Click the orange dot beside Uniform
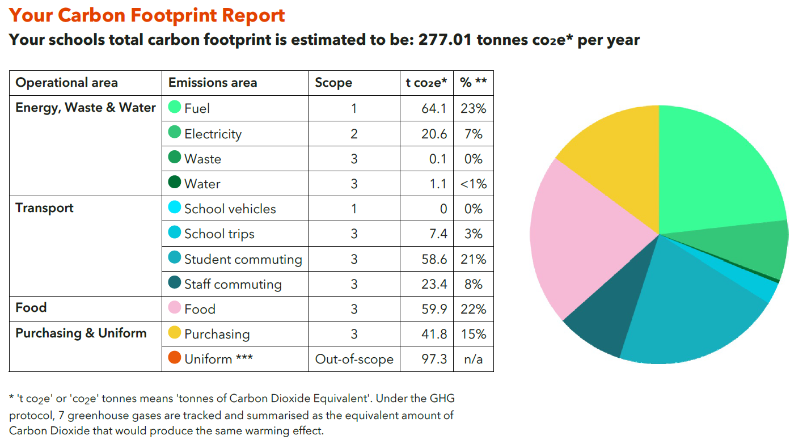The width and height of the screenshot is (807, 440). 175,358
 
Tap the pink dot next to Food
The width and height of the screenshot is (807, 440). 175,308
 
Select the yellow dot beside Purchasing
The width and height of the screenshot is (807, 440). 175,333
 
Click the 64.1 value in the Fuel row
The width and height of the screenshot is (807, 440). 434,108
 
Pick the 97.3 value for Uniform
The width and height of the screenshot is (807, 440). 434,359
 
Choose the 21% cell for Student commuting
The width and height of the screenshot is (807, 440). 473,259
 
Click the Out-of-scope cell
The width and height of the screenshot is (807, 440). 354,359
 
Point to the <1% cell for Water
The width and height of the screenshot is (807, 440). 473,184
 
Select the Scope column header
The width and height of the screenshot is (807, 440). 333,83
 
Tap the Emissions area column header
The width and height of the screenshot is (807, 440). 213,83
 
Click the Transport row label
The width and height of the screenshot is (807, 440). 44,208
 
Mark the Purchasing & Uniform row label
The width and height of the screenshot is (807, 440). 81,333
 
